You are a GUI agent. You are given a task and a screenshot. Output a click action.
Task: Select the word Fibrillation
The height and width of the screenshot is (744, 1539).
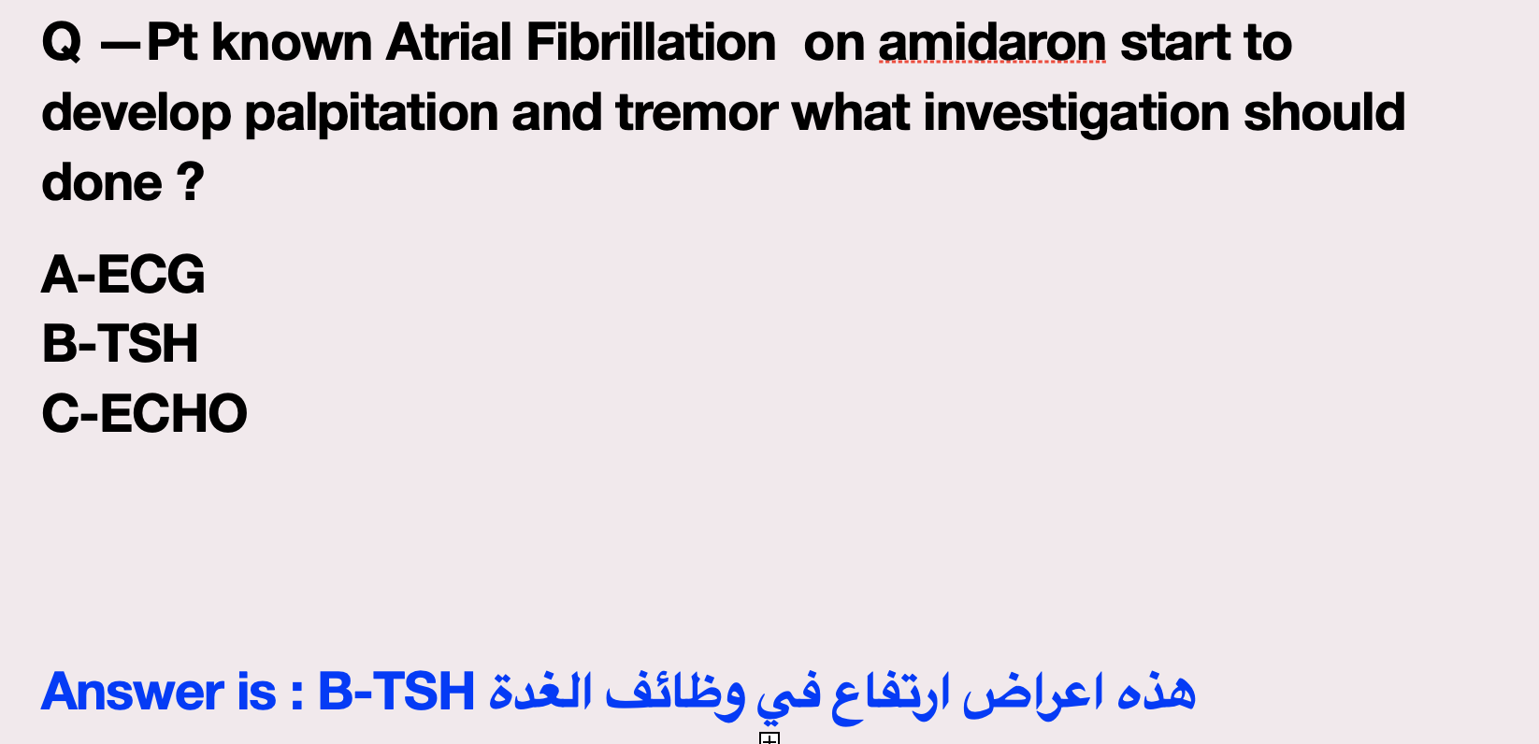(x=651, y=43)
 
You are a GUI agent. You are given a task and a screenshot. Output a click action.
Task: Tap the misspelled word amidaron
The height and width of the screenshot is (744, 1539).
(x=992, y=43)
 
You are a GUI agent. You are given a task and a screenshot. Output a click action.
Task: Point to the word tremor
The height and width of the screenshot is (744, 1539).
(x=697, y=113)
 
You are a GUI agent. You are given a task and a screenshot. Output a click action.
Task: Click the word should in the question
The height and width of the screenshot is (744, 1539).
(x=1325, y=112)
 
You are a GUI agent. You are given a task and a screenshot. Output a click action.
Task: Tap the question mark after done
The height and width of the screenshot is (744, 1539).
(x=191, y=181)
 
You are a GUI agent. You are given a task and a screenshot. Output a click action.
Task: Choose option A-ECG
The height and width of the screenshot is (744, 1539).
(x=123, y=274)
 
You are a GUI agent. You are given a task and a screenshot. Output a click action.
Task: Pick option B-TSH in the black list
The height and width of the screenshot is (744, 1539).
(x=120, y=343)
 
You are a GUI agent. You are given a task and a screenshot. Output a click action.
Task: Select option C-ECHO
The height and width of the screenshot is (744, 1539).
(x=144, y=413)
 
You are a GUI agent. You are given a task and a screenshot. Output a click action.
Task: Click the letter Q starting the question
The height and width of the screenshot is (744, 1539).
(x=62, y=43)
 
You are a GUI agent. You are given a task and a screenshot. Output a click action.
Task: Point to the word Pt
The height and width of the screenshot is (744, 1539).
(x=172, y=43)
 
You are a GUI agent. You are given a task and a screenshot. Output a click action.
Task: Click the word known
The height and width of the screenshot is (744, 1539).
(x=292, y=43)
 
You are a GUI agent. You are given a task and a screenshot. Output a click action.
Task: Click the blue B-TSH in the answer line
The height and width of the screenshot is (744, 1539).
(x=396, y=691)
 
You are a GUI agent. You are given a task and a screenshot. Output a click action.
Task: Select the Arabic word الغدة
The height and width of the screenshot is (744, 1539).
(x=539, y=691)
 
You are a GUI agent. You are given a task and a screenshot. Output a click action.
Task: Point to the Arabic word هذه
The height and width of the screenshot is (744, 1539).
(x=1157, y=691)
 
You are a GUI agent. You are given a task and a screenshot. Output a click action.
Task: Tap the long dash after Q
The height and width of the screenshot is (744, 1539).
(x=121, y=46)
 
